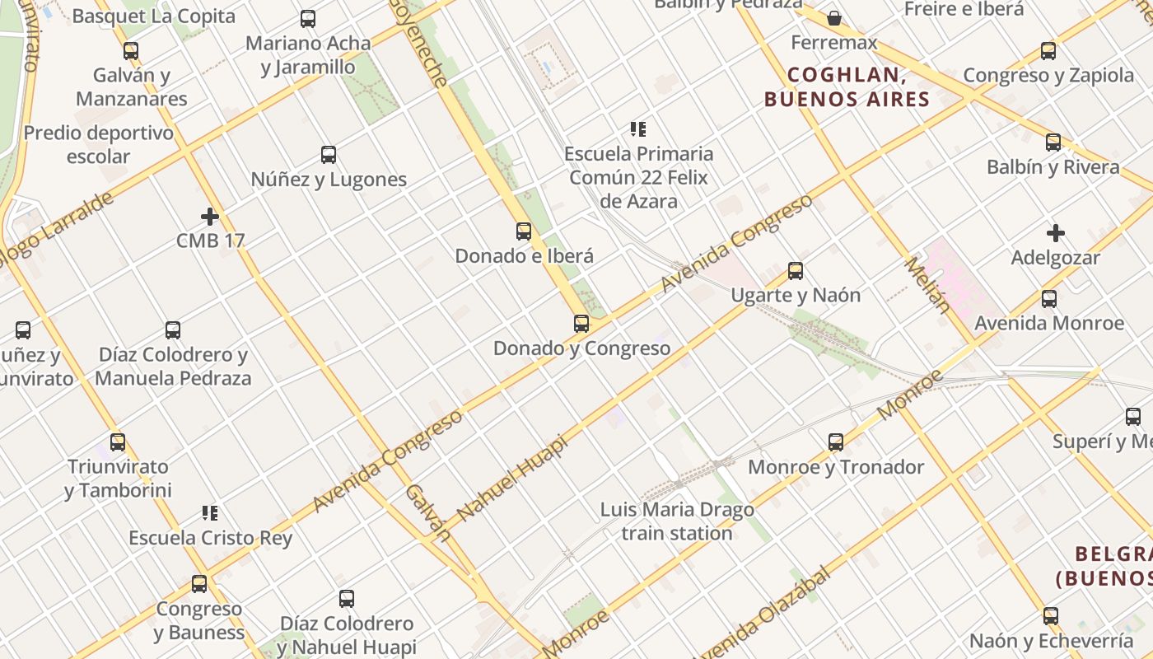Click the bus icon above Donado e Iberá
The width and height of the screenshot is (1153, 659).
(x=524, y=231)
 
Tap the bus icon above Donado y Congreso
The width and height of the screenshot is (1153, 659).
(x=581, y=324)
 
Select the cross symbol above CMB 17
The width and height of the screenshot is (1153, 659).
(x=210, y=217)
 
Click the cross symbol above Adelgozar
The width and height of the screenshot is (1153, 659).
(x=1056, y=233)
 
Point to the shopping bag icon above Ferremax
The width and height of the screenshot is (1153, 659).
(x=834, y=18)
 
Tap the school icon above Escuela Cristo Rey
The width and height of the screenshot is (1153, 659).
(x=210, y=513)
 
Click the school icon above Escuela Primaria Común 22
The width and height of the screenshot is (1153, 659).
(x=638, y=129)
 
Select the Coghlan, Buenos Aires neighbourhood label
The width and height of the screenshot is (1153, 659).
(x=847, y=87)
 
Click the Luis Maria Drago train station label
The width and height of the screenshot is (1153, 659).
(x=677, y=521)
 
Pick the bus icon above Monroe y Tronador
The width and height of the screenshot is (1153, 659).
(x=836, y=442)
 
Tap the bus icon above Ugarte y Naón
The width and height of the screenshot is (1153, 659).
(x=796, y=271)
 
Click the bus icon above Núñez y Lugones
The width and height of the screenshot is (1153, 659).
(x=329, y=154)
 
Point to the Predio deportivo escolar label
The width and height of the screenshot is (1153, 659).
(x=99, y=144)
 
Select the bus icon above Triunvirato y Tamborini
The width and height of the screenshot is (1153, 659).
(x=118, y=442)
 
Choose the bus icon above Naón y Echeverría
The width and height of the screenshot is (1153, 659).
(x=1050, y=615)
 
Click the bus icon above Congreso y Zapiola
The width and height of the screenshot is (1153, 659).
(x=1048, y=51)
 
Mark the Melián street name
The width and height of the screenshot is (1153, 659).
(x=927, y=285)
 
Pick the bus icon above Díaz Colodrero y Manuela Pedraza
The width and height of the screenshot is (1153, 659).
(x=173, y=330)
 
